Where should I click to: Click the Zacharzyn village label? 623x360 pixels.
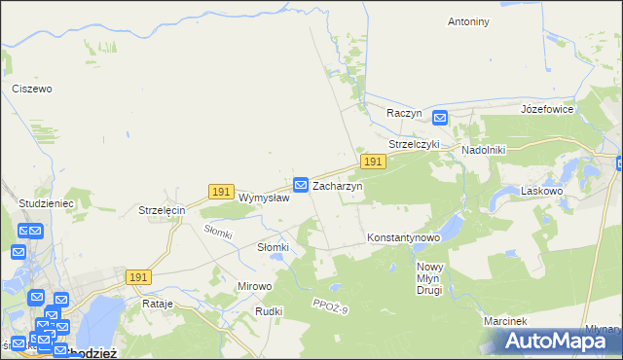(x=337, y=185)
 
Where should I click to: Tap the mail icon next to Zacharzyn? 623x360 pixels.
(x=302, y=183)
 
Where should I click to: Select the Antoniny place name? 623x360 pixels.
(x=467, y=20)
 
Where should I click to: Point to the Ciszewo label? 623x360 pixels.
(x=31, y=89)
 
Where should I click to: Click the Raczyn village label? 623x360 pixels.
(x=404, y=113)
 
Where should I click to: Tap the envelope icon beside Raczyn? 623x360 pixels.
(x=439, y=118)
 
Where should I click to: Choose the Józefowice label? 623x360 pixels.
(x=548, y=109)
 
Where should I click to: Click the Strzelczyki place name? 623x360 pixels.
(x=415, y=144)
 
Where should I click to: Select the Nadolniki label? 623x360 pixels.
(x=483, y=151)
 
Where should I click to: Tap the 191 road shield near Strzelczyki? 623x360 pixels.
(x=371, y=160)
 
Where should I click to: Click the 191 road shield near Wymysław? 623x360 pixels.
(x=221, y=192)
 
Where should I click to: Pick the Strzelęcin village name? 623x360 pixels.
(x=162, y=210)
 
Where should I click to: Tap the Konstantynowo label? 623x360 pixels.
(x=404, y=237)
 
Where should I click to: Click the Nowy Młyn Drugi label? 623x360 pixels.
(x=428, y=278)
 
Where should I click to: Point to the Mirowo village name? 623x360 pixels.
(x=255, y=287)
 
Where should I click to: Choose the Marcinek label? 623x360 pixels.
(x=504, y=321)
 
